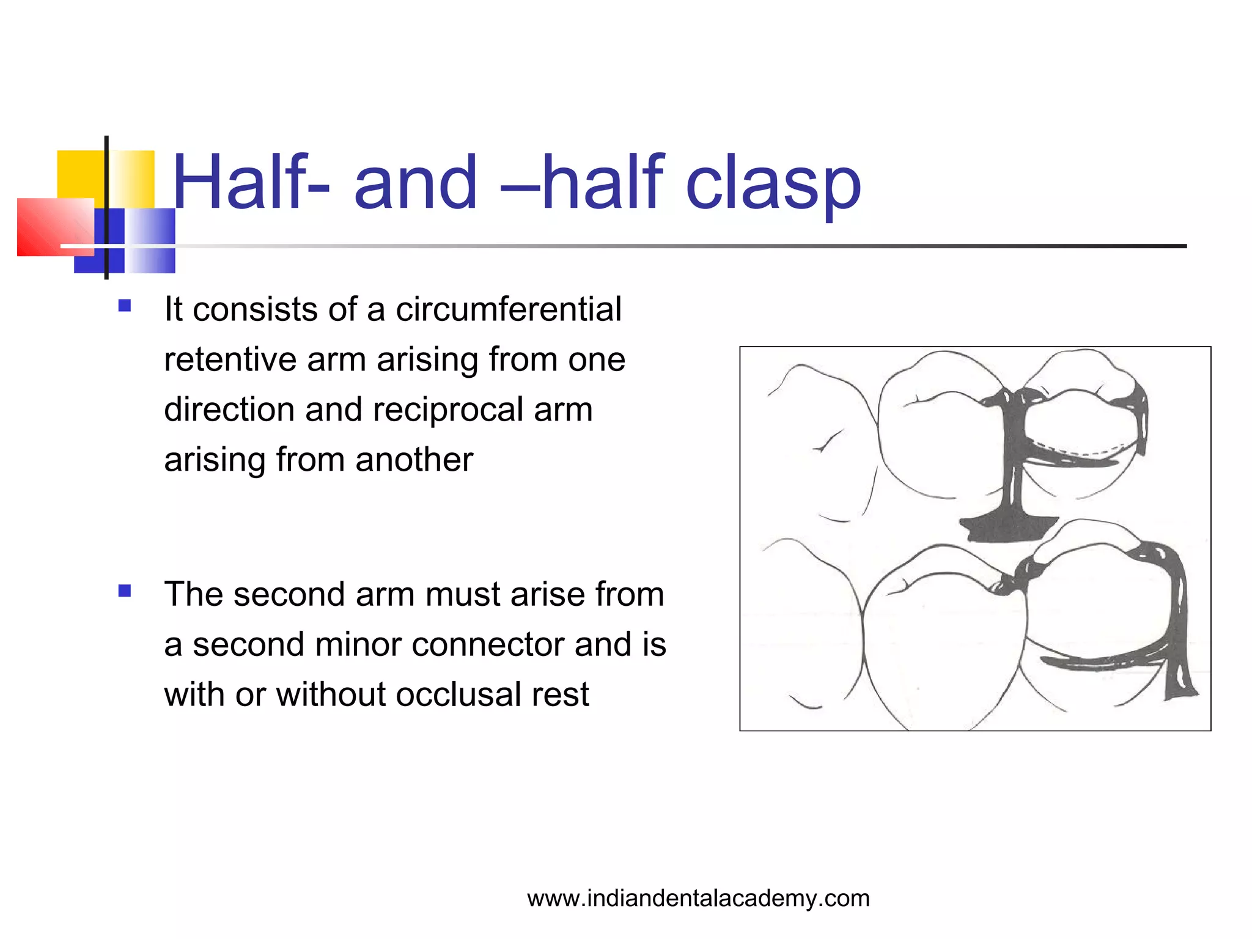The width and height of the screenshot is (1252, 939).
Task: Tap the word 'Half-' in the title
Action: click(x=251, y=182)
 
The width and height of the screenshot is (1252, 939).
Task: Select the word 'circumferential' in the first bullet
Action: click(x=509, y=309)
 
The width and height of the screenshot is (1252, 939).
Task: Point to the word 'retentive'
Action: click(x=230, y=359)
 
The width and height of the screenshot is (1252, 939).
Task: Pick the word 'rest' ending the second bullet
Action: click(x=560, y=695)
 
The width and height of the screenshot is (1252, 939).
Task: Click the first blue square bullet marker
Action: click(x=125, y=306)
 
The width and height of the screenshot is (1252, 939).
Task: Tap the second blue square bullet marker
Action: click(x=125, y=591)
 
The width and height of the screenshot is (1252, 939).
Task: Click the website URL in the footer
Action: click(x=698, y=899)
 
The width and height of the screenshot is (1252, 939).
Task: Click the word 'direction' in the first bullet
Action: click(x=229, y=410)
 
